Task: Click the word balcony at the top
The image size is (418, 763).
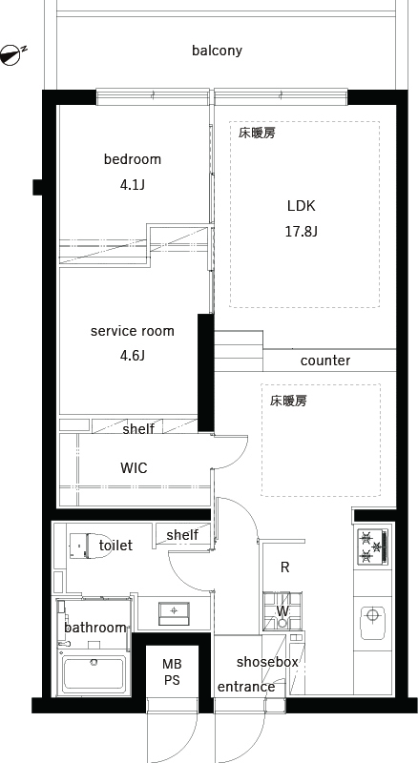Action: tap(217, 51)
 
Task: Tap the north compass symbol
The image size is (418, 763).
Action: tap(12, 54)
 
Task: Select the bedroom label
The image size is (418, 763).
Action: tap(133, 159)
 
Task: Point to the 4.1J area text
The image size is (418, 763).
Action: tap(133, 185)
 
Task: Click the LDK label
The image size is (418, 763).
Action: tap(301, 206)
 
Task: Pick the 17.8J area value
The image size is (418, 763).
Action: tap(301, 231)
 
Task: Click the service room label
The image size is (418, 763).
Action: tap(133, 331)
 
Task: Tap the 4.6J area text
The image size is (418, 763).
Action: tap(133, 356)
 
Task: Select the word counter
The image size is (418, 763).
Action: tap(325, 361)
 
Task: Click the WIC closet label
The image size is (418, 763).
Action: tap(134, 468)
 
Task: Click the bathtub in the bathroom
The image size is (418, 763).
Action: tap(94, 674)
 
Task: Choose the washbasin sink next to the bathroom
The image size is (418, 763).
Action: tap(175, 610)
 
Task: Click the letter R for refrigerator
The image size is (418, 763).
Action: tap(284, 567)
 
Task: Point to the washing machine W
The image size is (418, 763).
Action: tap(282, 611)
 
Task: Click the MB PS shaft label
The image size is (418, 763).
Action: tap(171, 672)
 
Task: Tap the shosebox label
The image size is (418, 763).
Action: tap(268, 661)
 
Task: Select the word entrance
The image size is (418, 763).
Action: tap(246, 687)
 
